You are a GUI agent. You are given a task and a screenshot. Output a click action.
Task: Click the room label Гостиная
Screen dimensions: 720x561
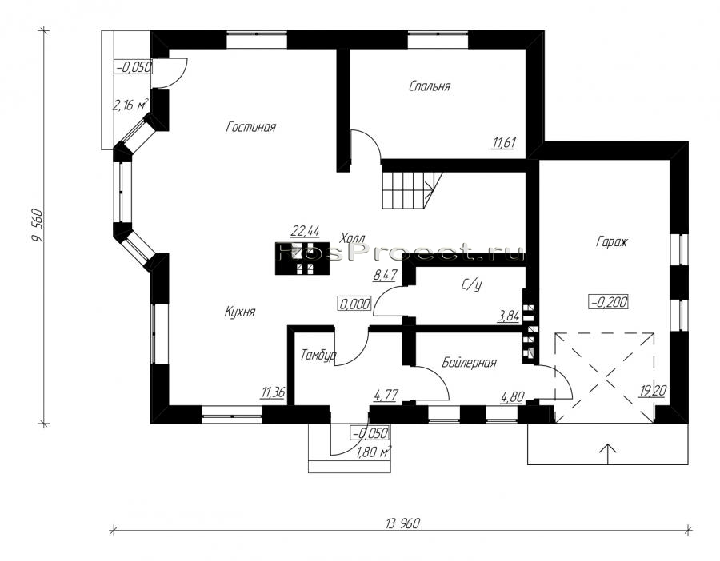tap(251, 127)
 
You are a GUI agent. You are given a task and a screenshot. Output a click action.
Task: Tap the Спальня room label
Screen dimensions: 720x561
tap(430, 86)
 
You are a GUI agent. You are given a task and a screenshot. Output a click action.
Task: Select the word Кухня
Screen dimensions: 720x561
tap(240, 312)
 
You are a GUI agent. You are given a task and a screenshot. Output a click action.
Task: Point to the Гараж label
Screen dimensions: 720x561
tap(612, 241)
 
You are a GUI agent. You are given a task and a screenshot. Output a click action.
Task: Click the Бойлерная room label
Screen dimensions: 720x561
tap(470, 363)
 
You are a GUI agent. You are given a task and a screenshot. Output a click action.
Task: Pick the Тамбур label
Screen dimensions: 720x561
tap(318, 355)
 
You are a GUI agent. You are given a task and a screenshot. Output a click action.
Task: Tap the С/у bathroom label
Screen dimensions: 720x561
tap(471, 285)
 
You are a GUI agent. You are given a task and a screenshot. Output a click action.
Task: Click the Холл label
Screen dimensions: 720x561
tap(353, 238)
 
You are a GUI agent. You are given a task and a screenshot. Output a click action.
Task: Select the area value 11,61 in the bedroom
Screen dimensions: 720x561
tap(504, 143)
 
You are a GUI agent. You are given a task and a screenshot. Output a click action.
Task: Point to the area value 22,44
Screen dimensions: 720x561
tap(306, 231)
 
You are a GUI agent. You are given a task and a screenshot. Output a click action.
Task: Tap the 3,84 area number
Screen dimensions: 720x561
tap(509, 316)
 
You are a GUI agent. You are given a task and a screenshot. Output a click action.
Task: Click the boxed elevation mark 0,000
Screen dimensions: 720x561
tap(355, 304)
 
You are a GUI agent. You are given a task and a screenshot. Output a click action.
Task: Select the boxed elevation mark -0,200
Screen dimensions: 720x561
tap(609, 302)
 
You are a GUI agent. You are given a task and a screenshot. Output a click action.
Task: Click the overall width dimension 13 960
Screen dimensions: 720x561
tap(403, 523)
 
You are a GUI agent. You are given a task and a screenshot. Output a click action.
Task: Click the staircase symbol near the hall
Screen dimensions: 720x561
tap(412, 190)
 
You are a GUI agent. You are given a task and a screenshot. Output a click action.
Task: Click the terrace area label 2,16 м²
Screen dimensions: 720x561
tap(130, 105)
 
